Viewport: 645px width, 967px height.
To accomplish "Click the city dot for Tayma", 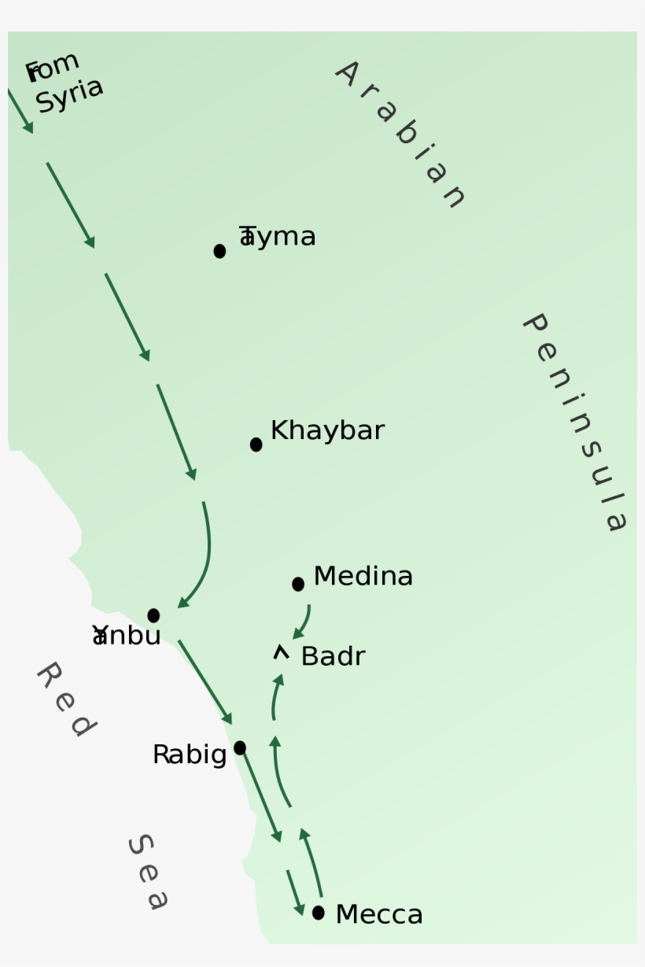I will coord(219,251).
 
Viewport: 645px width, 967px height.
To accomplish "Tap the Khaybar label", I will coord(327,430).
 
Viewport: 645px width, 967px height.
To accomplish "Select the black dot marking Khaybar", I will coord(256,445).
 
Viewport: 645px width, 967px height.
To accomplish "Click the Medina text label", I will coord(363,576).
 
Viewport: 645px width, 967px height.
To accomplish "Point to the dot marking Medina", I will coord(297,584).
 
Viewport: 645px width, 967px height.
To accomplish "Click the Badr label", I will coord(333,656).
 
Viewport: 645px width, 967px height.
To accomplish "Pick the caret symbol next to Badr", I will coord(281,651).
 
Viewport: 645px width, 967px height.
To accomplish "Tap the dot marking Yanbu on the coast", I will coord(153,615).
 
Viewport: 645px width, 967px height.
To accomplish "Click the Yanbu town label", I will coord(127,636).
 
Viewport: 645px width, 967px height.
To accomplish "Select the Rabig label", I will coord(190,755).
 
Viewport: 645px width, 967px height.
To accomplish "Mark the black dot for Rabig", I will coord(240,747).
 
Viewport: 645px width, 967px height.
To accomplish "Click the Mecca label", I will coord(379,914).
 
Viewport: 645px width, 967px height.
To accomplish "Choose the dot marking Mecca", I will coord(318,913).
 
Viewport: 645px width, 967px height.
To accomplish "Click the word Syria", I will coord(69,95).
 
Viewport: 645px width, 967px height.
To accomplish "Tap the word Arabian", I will coord(401,135).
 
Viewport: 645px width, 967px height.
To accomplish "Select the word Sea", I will coord(148,872).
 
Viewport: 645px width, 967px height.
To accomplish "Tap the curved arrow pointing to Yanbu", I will coord(203,559).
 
